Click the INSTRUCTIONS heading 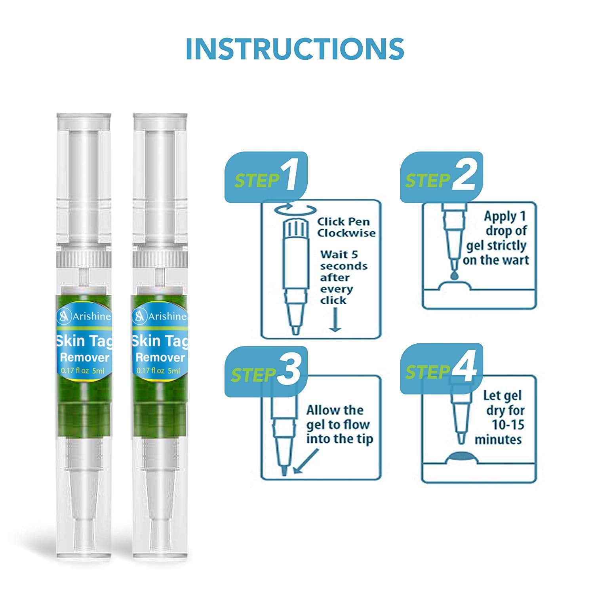click(x=295, y=49)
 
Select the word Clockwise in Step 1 click(x=346, y=233)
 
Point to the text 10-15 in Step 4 click(x=508, y=425)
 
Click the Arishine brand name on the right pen click(x=167, y=316)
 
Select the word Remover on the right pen click(x=160, y=358)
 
